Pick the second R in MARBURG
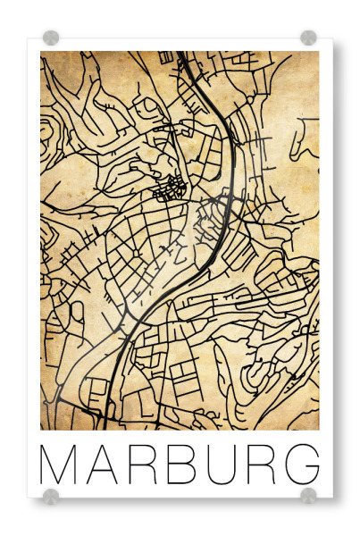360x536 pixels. pyautogui.click(x=259, y=465)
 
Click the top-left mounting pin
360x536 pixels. pyautogui.click(x=51, y=38)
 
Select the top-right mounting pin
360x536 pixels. pyautogui.click(x=308, y=38)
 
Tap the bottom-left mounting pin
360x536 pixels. pyautogui.click(x=51, y=495)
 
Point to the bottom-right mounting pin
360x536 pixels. pyautogui.click(x=308, y=495)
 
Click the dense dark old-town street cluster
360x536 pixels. pyautogui.click(x=168, y=187)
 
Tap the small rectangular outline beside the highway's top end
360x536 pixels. pyautogui.click(x=165, y=57)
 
